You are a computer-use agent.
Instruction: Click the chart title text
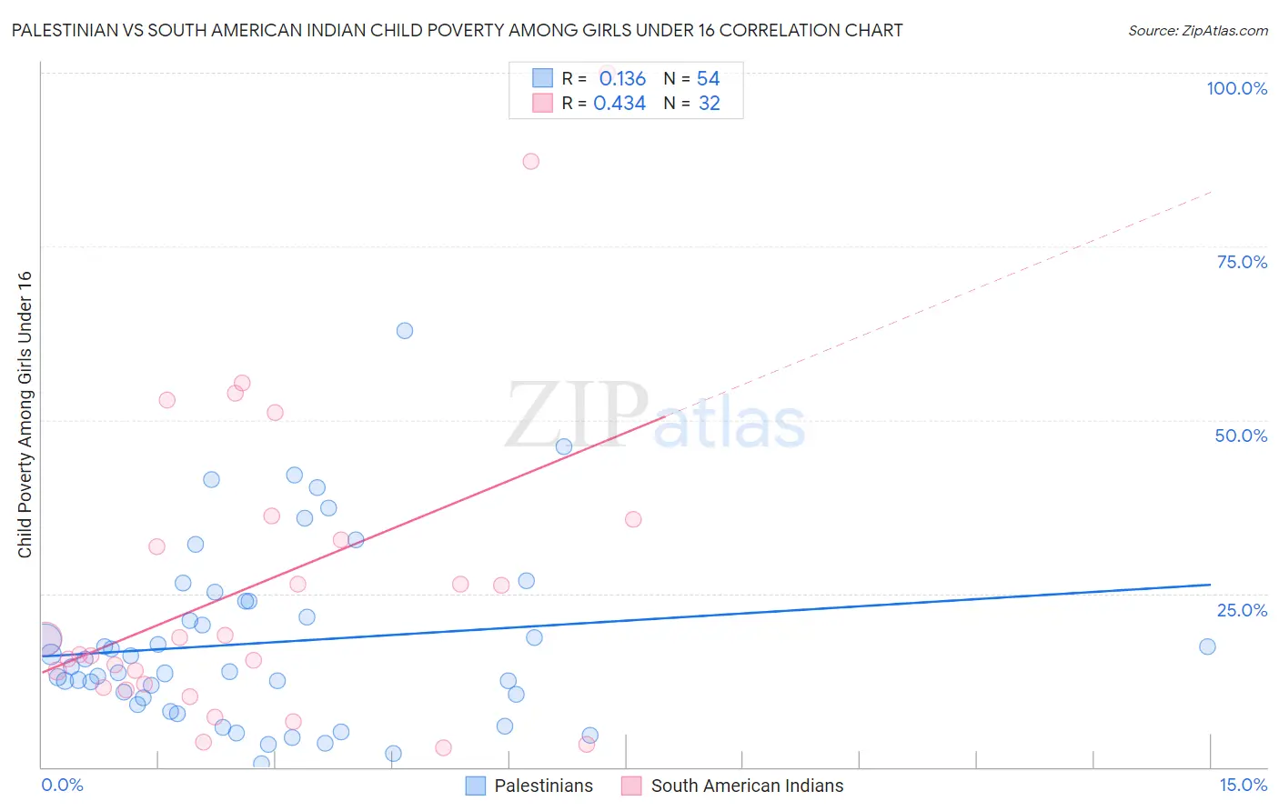(x=457, y=30)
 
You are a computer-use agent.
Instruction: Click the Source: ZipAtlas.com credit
(x=1197, y=30)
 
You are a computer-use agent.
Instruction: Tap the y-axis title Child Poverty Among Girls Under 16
(x=25, y=415)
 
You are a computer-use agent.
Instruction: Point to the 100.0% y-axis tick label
(x=1236, y=88)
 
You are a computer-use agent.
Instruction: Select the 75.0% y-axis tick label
(x=1242, y=262)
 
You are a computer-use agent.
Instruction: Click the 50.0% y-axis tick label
(x=1241, y=436)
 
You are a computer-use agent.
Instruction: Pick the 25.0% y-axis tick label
(x=1242, y=610)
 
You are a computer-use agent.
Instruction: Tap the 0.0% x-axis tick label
(x=62, y=785)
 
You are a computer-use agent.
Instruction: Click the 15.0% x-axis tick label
(x=1243, y=785)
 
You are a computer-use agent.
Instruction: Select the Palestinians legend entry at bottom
(x=529, y=786)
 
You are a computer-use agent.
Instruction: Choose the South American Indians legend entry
(x=733, y=786)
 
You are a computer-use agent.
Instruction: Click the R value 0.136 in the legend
(x=622, y=79)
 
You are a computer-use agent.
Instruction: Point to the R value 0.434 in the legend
(x=619, y=104)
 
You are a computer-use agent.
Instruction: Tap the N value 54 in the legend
(x=709, y=79)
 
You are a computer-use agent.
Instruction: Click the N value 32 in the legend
(x=710, y=104)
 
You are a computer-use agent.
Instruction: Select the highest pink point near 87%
(x=531, y=161)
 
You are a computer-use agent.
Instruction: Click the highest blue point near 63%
(x=405, y=331)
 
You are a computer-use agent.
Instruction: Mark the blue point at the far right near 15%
(x=1207, y=646)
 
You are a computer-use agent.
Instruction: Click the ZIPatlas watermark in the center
(x=655, y=416)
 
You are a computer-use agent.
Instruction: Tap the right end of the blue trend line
(x=1210, y=585)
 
